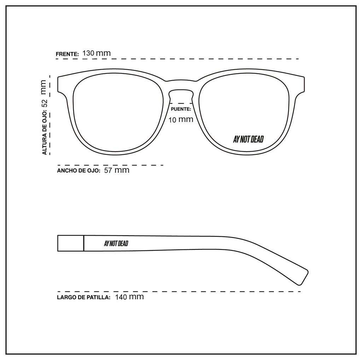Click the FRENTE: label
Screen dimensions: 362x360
pos(67,54)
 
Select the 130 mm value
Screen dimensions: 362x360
pos(97,53)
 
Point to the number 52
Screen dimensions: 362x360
pos(44,103)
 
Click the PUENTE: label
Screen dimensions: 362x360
pos(181,109)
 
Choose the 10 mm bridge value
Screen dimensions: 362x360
pos(181,119)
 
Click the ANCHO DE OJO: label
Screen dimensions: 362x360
pos(79,171)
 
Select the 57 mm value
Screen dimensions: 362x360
pos(117,170)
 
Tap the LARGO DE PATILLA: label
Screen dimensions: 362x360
pos(83,297)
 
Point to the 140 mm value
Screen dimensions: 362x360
pos(129,296)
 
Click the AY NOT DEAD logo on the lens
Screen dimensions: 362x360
pos(248,139)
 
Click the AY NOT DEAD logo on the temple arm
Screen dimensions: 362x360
pos(116,243)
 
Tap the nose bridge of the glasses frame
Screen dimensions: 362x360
pos(181,85)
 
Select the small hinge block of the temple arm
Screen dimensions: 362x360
pos(70,243)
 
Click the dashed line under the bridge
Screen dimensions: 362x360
pos(181,104)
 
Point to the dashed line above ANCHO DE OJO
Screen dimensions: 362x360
pos(110,165)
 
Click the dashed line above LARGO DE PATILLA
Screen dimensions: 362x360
pos(179,291)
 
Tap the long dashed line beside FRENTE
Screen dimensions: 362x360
pos(177,59)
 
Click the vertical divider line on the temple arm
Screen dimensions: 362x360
pos(83,243)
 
